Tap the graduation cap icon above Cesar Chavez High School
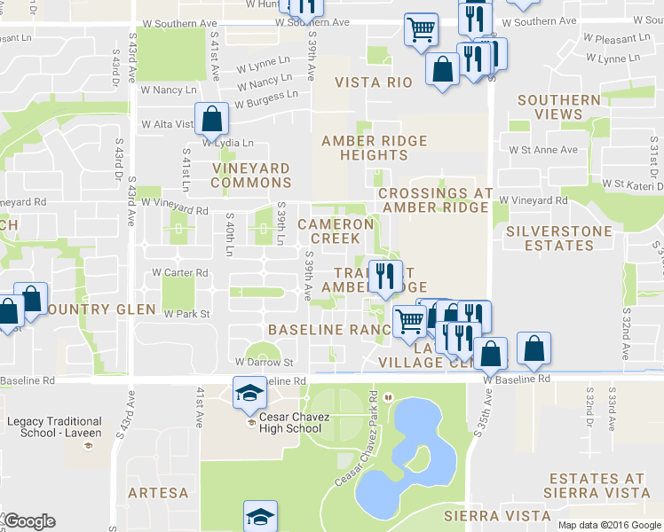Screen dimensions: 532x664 click(249, 391)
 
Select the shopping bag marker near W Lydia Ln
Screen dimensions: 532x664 click(211, 118)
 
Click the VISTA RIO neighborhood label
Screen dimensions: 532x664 click(374, 82)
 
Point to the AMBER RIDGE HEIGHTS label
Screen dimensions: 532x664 click(374, 148)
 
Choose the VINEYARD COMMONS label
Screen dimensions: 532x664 click(250, 175)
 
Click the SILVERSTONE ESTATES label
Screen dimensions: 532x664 click(558, 238)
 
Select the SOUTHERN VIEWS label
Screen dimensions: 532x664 click(558, 107)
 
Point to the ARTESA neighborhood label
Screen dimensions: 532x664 click(158, 492)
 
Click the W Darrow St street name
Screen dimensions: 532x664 click(264, 363)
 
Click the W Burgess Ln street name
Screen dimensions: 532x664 click(265, 98)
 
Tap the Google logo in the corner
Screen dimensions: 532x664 click(29, 521)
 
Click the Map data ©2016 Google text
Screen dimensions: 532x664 click(609, 525)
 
